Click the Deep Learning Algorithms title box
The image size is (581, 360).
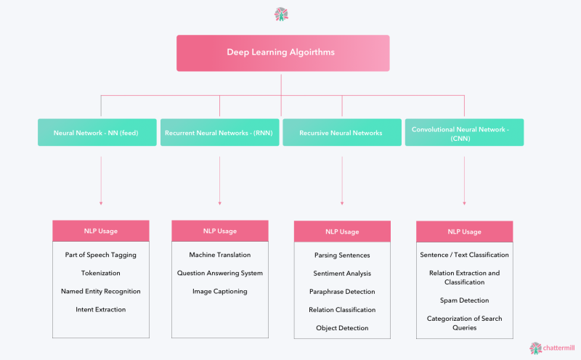(283, 53)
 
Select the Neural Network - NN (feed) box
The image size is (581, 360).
(97, 133)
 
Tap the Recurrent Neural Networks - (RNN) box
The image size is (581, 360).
(220, 133)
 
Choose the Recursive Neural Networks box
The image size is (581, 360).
(341, 133)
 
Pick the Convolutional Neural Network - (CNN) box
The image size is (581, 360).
(464, 133)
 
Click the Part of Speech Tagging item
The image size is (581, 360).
(101, 255)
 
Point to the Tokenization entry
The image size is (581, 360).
(101, 273)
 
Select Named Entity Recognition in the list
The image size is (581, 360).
(101, 291)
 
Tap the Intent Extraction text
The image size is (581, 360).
(101, 309)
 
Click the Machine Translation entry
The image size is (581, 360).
(220, 255)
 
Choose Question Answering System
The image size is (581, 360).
(220, 273)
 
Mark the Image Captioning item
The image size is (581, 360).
(220, 291)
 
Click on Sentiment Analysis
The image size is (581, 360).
(342, 274)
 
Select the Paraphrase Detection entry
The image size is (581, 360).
(342, 292)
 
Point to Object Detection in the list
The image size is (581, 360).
(342, 328)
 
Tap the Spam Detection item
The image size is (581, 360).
(464, 300)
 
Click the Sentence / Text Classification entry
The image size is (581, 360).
(464, 255)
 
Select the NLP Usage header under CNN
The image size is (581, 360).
(464, 232)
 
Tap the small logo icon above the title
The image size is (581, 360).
(282, 14)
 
